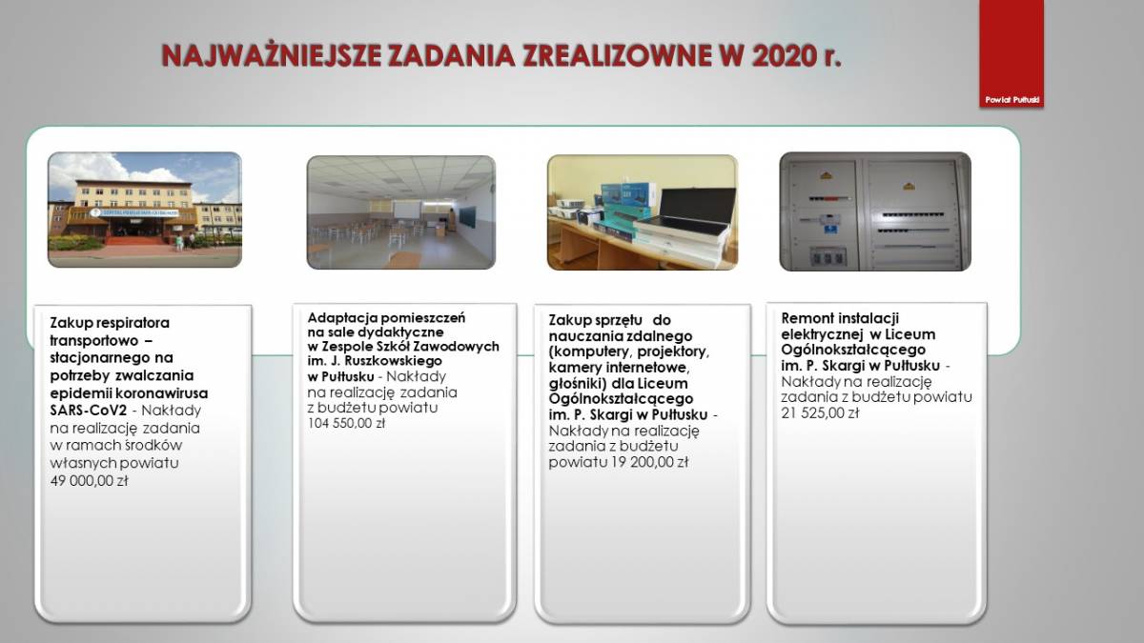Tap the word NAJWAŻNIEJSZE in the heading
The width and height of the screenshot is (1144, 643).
[272, 55]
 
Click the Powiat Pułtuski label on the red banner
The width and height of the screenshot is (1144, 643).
[1012, 100]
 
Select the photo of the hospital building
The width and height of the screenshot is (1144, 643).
[145, 210]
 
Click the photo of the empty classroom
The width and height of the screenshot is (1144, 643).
[401, 212]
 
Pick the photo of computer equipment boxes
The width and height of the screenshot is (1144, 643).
[643, 212]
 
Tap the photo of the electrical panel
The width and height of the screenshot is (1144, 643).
[875, 211]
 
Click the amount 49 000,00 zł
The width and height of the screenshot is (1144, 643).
[89, 481]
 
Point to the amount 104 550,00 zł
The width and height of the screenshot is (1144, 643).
[346, 423]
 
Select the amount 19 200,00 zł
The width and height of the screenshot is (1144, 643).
[649, 462]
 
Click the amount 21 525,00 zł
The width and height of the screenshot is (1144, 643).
[820, 412]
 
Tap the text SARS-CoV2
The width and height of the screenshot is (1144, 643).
[89, 411]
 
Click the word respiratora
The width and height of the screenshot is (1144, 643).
[133, 323]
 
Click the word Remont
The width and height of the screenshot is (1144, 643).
[805, 318]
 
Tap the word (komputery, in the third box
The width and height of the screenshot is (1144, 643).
[591, 352]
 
